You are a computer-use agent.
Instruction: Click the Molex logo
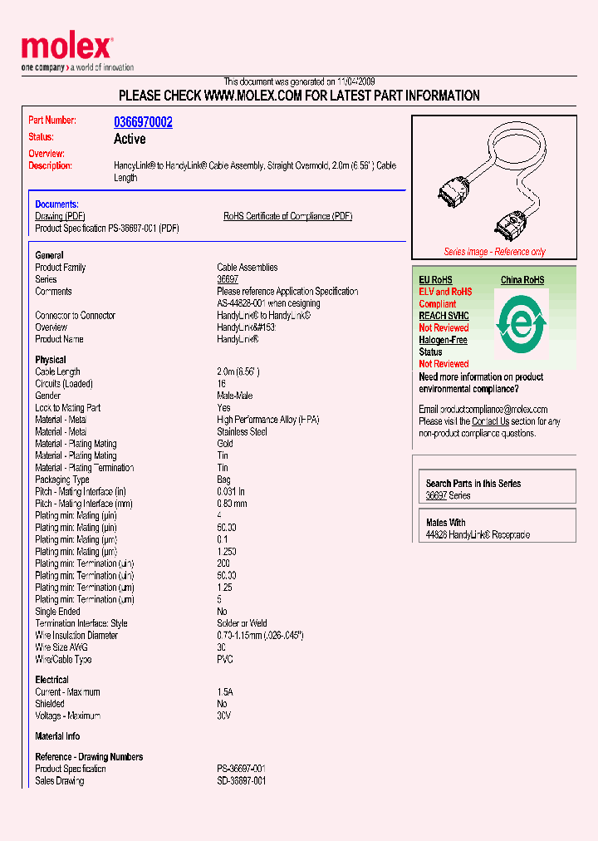pyautogui.click(x=66, y=48)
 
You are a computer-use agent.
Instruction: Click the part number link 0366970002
pyautogui.click(x=143, y=122)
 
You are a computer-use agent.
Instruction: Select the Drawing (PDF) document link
pyautogui.click(x=61, y=216)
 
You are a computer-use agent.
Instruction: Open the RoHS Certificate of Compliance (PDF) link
pyautogui.click(x=287, y=216)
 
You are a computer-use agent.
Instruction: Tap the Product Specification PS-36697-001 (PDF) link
pyautogui.click(x=107, y=228)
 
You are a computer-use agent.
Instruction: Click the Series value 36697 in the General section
pyautogui.click(x=228, y=280)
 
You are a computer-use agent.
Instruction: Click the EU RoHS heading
pyautogui.click(x=435, y=280)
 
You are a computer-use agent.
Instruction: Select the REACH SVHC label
pyautogui.click(x=444, y=316)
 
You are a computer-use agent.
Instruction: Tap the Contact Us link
pyautogui.click(x=490, y=421)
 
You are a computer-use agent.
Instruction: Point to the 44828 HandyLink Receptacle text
pyautogui.click(x=478, y=534)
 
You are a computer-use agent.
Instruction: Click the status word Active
pyautogui.click(x=130, y=139)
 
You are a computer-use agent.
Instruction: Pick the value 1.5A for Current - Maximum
pyautogui.click(x=225, y=692)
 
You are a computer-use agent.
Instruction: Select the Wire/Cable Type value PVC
pyautogui.click(x=225, y=660)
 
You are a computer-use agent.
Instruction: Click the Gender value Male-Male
pyautogui.click(x=236, y=396)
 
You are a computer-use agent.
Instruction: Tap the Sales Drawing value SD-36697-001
pyautogui.click(x=242, y=781)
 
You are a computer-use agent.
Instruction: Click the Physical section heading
pyautogui.click(x=51, y=360)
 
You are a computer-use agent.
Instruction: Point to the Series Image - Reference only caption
pyautogui.click(x=494, y=252)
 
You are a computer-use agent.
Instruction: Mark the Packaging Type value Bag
pyautogui.click(x=224, y=480)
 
